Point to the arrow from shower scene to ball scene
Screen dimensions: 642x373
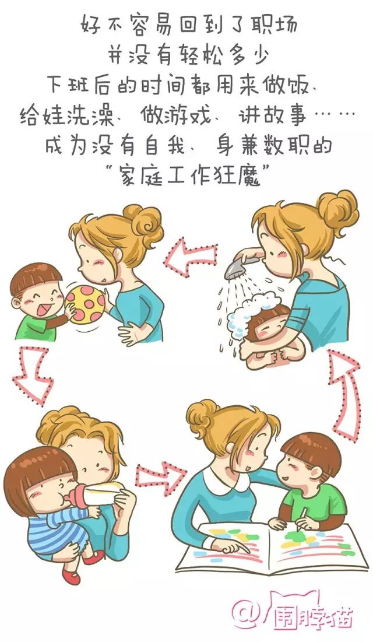(191, 256)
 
